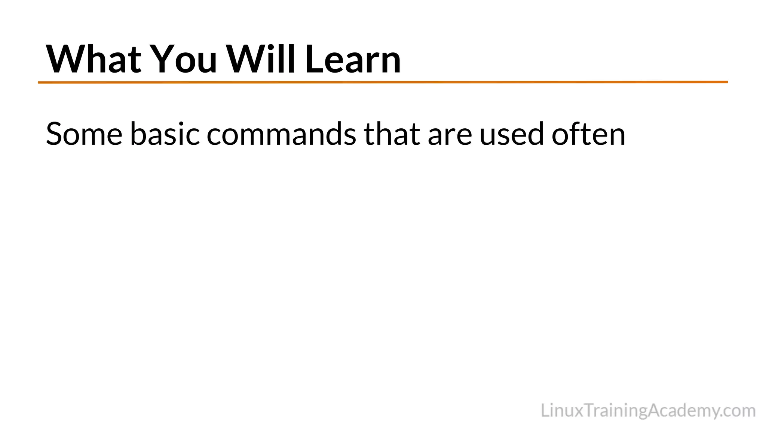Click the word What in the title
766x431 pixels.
coord(94,59)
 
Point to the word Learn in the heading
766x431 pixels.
coord(353,59)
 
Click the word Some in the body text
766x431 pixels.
coord(84,134)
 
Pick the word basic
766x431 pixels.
coord(165,134)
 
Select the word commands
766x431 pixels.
coord(281,134)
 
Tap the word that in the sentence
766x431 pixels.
coord(392,134)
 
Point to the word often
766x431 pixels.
coord(588,134)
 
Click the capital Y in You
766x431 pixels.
coord(161,59)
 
